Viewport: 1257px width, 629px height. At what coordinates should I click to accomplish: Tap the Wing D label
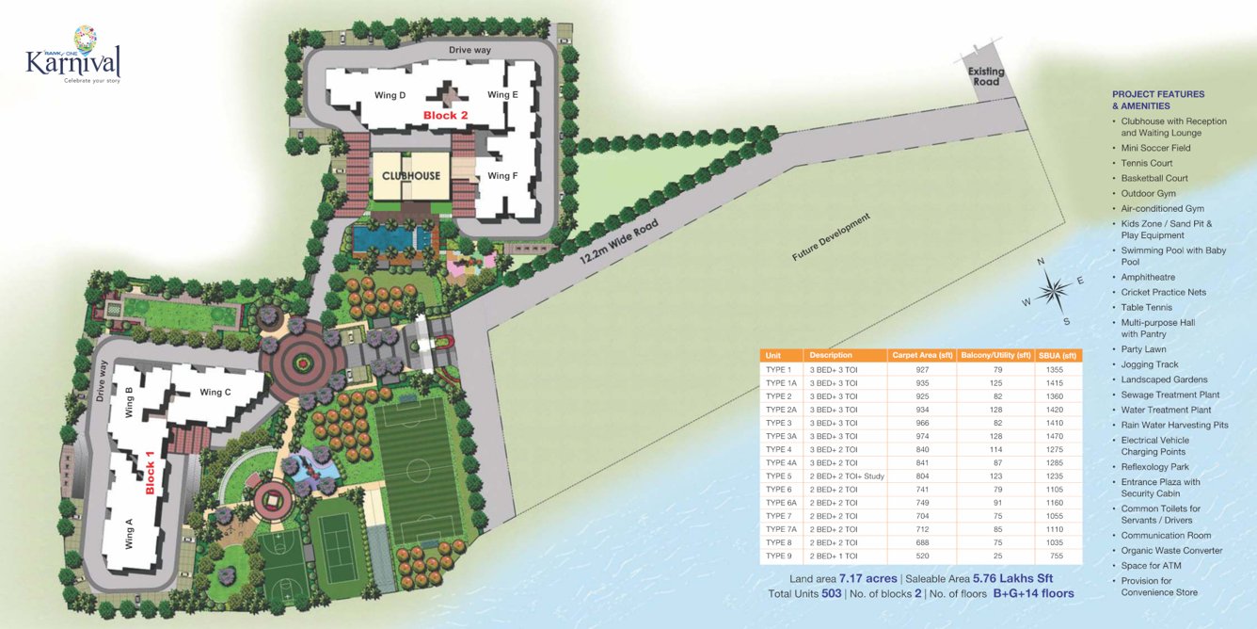click(x=390, y=95)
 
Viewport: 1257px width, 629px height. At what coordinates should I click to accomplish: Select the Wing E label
click(x=502, y=95)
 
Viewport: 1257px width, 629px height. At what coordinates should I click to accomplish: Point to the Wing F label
click(x=502, y=176)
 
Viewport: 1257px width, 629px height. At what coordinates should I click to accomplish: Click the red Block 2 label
click(x=445, y=116)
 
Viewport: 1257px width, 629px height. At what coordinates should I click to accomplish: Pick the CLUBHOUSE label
click(x=410, y=176)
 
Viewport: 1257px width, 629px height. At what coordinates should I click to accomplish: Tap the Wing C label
click(x=215, y=392)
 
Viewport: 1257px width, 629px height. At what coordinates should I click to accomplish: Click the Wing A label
click(x=129, y=534)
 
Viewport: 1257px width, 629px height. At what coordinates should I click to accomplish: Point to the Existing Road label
click(x=986, y=76)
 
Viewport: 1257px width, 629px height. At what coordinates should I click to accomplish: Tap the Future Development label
click(x=832, y=237)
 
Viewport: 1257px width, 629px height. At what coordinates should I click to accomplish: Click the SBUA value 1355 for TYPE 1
click(x=1054, y=370)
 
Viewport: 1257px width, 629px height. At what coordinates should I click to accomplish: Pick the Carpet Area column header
click(x=919, y=355)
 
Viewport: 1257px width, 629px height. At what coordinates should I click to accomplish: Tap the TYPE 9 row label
click(x=781, y=556)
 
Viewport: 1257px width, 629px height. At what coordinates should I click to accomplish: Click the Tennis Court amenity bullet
click(x=1147, y=163)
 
